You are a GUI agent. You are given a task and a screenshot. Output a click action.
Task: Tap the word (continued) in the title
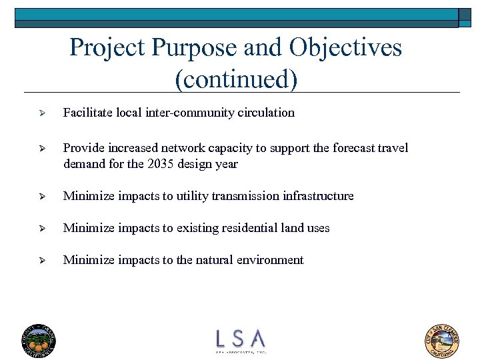(x=235, y=79)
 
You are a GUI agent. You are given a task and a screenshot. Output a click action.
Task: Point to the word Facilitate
(x=87, y=113)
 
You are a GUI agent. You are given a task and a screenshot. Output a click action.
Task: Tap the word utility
(x=199, y=196)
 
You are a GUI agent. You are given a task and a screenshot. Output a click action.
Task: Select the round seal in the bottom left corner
(x=39, y=340)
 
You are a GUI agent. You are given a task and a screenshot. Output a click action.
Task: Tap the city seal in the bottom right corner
(x=442, y=340)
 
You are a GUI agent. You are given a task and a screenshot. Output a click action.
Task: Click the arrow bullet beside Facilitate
(x=41, y=113)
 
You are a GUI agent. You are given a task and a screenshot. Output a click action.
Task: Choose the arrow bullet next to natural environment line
(x=41, y=261)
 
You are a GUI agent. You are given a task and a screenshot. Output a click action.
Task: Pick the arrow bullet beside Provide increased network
(x=41, y=149)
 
